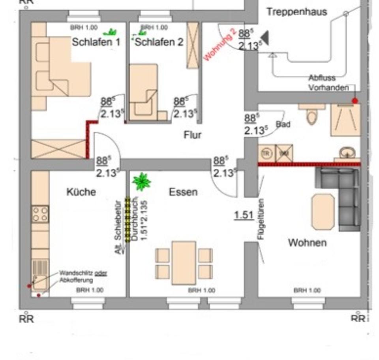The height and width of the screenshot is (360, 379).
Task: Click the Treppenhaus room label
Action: point(296,11)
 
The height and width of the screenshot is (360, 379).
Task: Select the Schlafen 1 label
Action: point(96,42)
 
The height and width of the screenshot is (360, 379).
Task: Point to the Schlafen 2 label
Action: point(159,42)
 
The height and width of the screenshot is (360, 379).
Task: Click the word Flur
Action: point(193,135)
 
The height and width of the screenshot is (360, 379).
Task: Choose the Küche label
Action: point(81,192)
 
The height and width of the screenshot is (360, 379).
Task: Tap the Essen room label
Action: point(183,192)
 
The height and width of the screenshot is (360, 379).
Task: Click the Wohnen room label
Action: point(308,242)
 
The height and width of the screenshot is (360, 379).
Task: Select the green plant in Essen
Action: point(142,181)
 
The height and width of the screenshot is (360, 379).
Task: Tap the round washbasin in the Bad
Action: point(347,153)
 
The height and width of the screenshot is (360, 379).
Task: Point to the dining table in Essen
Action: point(184,262)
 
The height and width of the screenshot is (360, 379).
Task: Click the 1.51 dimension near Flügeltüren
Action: point(244,215)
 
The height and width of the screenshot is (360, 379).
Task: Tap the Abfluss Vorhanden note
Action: point(328,83)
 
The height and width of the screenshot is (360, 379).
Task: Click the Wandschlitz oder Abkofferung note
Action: point(83,277)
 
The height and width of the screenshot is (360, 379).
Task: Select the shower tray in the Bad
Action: point(345,119)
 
